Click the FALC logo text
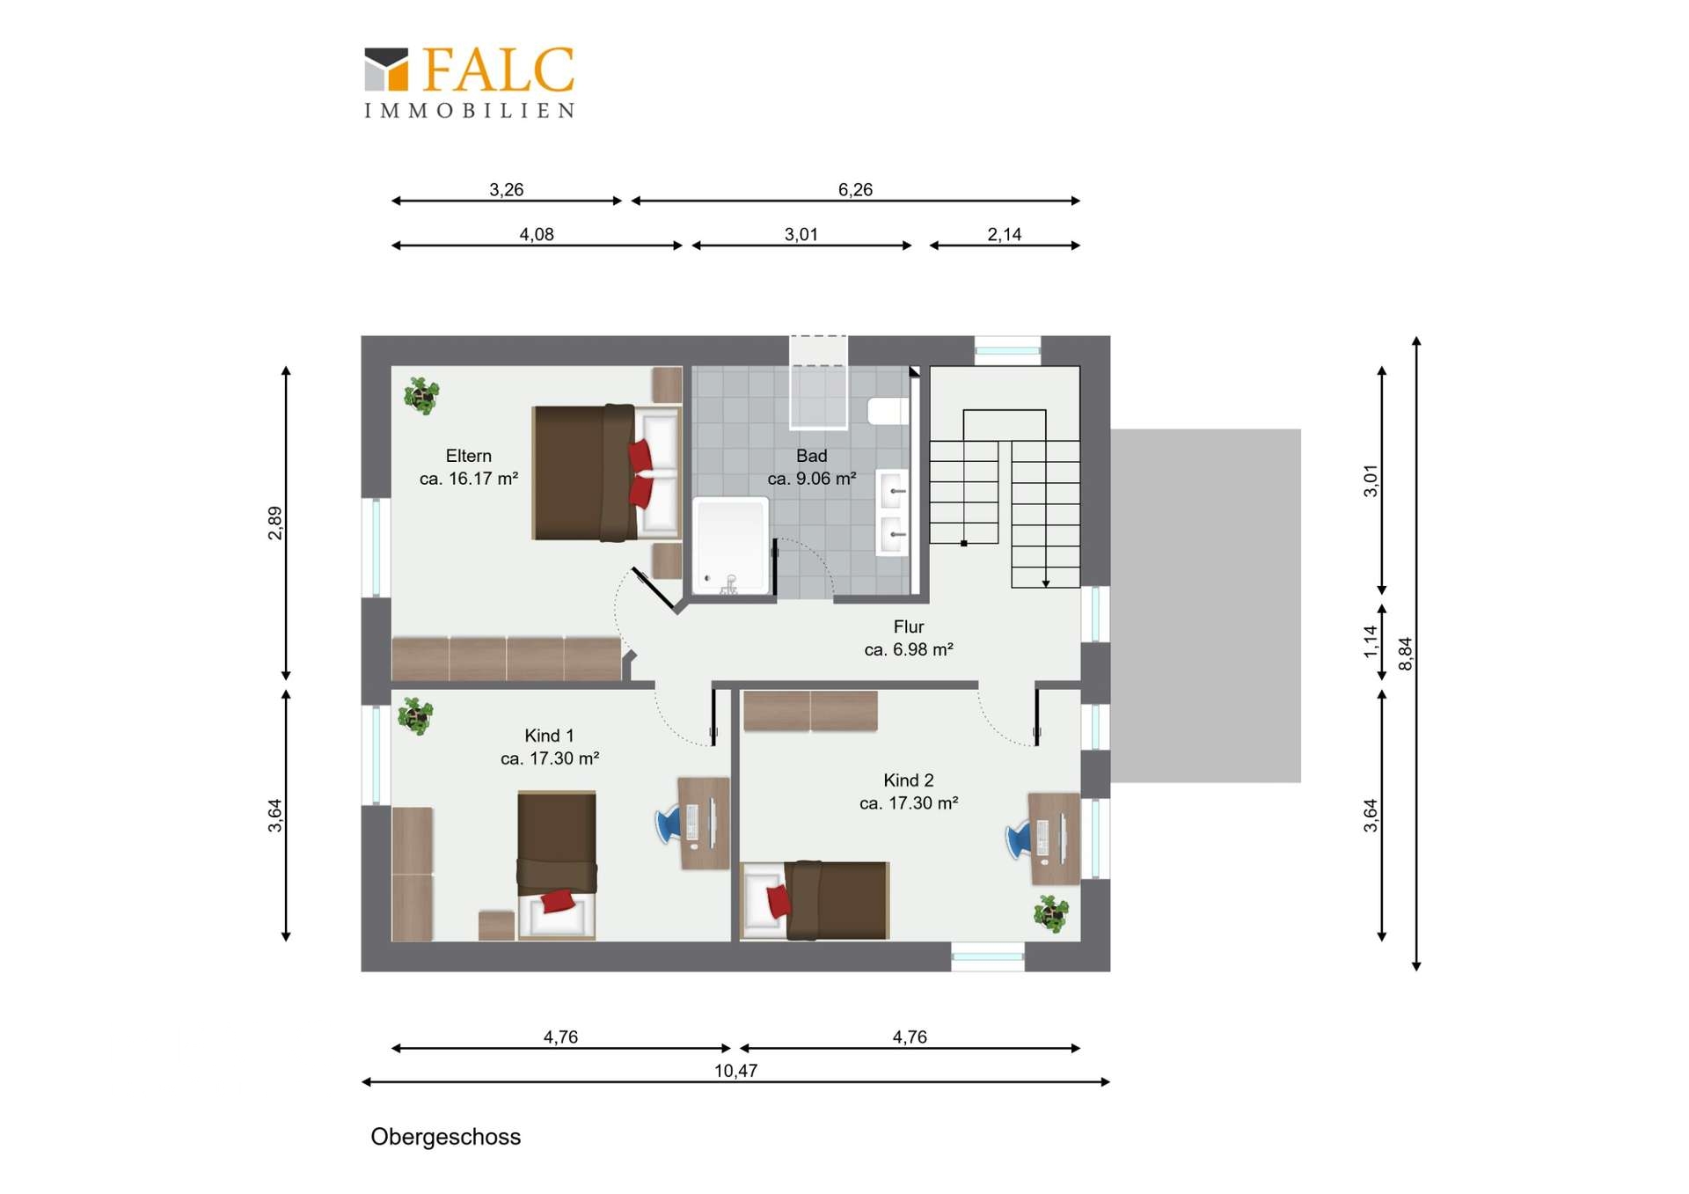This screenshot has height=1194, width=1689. click(499, 70)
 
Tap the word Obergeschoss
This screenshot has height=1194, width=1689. click(445, 1137)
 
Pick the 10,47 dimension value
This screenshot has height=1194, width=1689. click(735, 1071)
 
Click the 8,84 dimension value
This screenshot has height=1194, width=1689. click(1406, 654)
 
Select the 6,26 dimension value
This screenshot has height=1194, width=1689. click(855, 189)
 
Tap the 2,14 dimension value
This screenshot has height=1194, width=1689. click(1004, 234)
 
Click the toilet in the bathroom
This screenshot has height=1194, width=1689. click(888, 411)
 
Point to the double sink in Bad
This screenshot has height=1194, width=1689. click(893, 513)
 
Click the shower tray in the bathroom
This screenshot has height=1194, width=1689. click(731, 546)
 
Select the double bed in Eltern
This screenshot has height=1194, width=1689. click(607, 472)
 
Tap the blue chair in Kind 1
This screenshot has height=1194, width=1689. click(668, 825)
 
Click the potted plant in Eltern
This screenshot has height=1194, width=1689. click(421, 395)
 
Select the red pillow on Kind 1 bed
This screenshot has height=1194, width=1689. click(558, 901)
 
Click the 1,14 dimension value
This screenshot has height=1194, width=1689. click(1371, 641)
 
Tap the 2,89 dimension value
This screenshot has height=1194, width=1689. click(275, 523)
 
